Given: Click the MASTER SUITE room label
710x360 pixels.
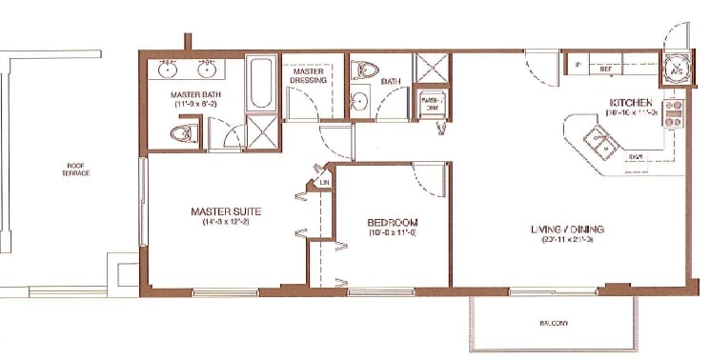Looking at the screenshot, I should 226,210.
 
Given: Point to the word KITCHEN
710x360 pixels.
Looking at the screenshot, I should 631,102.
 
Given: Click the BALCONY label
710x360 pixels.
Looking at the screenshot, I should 554,324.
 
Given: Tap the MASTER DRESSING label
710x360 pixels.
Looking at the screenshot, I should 310,76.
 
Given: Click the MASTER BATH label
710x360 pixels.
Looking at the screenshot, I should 197,95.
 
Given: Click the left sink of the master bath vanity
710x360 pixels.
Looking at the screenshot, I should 168,70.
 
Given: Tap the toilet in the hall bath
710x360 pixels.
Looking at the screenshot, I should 365,70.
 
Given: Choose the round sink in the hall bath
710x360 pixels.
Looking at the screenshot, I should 359,103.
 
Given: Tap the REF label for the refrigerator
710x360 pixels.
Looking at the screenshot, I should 604,69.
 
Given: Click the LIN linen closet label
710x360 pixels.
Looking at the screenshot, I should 324,182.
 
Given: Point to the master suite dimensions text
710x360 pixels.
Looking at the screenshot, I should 226,223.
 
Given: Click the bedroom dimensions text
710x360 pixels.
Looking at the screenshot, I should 393,233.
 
